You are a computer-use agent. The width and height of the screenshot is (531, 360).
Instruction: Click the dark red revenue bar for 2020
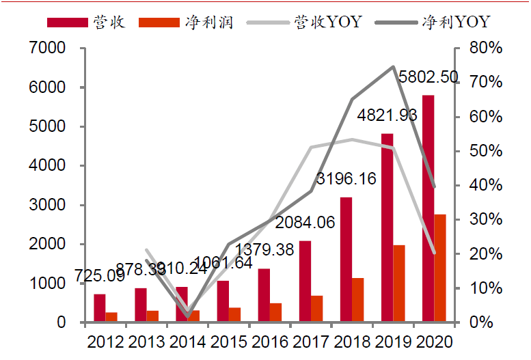tap(428, 208)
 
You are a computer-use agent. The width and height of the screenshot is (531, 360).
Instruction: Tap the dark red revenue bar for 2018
tap(346, 259)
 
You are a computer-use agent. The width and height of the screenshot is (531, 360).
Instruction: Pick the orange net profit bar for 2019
tap(399, 283)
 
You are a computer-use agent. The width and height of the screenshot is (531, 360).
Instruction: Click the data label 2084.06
tap(304, 222)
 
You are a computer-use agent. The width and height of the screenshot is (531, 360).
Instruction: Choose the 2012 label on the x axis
tap(105, 342)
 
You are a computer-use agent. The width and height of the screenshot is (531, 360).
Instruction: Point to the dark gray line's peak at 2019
tap(393, 67)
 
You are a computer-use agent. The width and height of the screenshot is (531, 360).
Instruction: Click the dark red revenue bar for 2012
tap(100, 307)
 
